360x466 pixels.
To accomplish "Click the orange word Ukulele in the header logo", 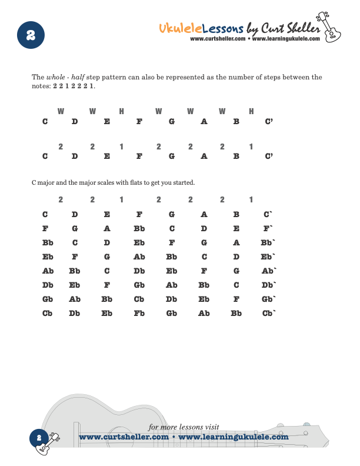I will (181, 28).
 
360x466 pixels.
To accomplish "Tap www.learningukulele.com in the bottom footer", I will (234, 437).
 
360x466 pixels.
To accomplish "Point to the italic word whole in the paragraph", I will (55, 77).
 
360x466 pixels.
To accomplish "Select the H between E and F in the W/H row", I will (122, 111).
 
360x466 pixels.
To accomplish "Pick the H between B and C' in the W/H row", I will (251, 111).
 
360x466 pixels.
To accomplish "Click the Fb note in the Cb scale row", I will (139, 314).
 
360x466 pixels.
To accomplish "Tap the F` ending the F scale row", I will (268, 229).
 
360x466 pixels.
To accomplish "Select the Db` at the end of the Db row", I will (269, 285).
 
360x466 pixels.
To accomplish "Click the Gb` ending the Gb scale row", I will (269, 299).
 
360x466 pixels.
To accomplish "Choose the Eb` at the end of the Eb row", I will (268, 257).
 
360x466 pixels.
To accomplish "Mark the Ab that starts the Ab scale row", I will (48, 271).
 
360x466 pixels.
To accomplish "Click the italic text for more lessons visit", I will (184, 427).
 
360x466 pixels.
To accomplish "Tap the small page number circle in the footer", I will (38, 437).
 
